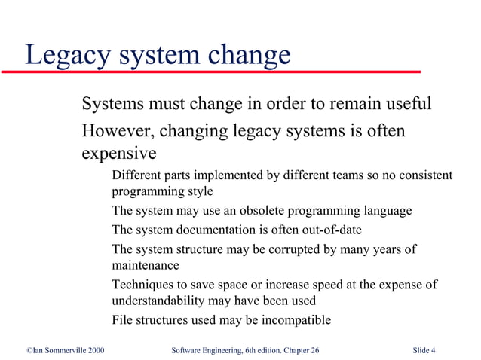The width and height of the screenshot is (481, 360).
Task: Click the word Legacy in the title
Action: pos(62,55)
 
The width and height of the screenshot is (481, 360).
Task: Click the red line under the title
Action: pos(211,72)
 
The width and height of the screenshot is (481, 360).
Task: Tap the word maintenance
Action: pos(146,265)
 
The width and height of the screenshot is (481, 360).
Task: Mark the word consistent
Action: pos(421,175)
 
